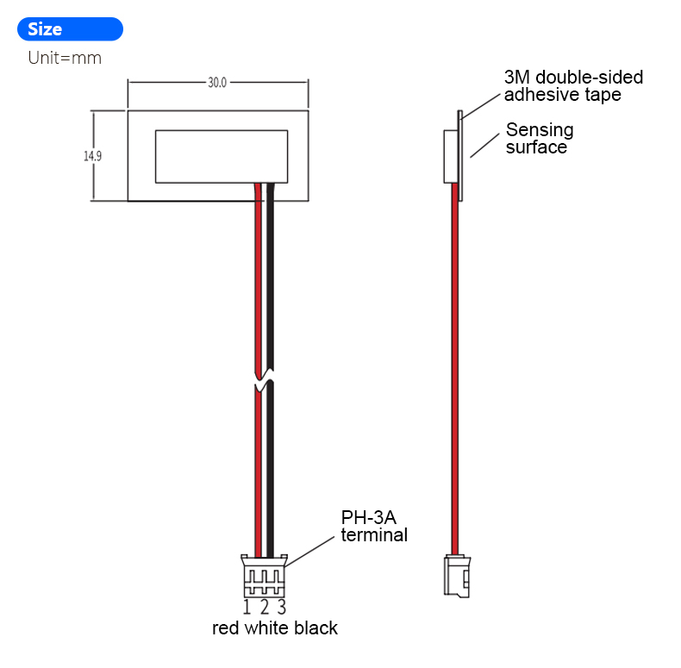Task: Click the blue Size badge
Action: (x=70, y=29)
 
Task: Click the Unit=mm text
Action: (x=65, y=59)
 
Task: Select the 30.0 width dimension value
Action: (x=217, y=83)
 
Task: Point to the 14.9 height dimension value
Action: (x=92, y=156)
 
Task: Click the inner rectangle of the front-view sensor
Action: (x=221, y=156)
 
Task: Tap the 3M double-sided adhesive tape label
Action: (x=573, y=86)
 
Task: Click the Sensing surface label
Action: (x=539, y=138)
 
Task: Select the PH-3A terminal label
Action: (x=374, y=526)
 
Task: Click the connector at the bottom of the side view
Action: (x=456, y=575)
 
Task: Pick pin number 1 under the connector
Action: (x=247, y=607)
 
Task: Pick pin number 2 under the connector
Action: (x=265, y=607)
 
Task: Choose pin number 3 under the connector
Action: (x=282, y=607)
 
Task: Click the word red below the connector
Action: (x=226, y=628)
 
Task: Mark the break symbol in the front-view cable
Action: (x=265, y=380)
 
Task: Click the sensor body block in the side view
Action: (x=450, y=156)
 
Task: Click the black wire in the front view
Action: (x=271, y=284)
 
